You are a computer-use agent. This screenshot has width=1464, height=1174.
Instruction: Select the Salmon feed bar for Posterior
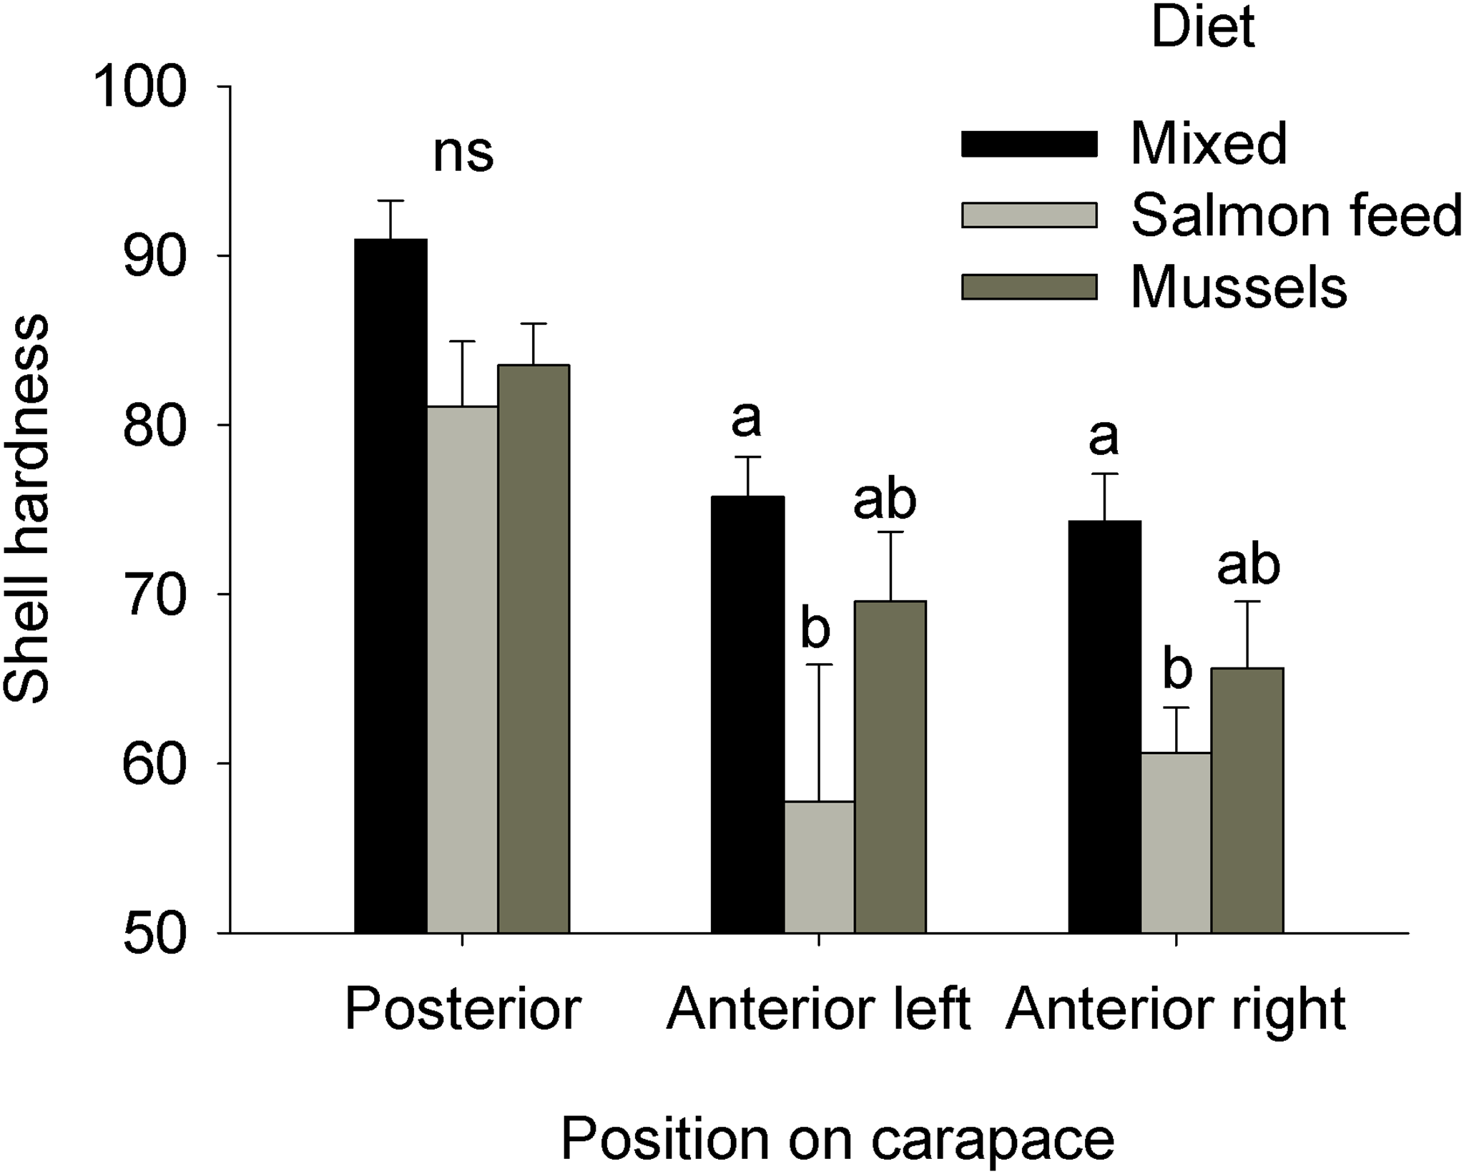462,669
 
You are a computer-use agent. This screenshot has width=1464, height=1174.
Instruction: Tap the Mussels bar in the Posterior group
534,648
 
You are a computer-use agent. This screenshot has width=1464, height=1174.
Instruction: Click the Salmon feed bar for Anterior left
819,866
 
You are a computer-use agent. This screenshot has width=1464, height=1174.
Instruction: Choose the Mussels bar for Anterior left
890,766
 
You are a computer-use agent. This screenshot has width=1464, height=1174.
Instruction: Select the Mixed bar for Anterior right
1104,726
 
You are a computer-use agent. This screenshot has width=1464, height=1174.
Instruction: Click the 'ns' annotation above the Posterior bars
463,153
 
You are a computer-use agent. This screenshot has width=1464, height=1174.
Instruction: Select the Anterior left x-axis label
818,1009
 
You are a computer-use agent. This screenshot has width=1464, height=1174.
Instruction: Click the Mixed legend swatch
1029,144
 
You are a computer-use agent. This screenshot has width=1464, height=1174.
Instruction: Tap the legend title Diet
1203,28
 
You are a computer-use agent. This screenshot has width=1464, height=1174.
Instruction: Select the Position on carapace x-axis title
837,1138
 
